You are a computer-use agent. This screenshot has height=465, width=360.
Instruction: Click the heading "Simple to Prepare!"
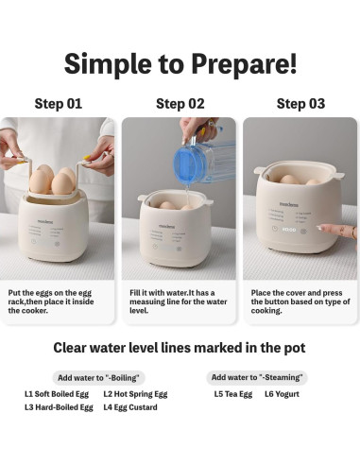click(x=180, y=64)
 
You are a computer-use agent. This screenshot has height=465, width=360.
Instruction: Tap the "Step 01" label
click(x=59, y=104)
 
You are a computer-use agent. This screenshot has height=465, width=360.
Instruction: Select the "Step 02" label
click(x=180, y=104)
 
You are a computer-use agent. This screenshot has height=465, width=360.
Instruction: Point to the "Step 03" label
click(x=300, y=104)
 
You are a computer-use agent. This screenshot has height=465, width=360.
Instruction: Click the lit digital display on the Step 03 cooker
click(x=289, y=230)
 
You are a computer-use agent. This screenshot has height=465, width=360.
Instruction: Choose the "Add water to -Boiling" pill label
click(x=98, y=377)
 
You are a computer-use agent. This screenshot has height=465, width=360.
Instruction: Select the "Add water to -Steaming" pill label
click(x=257, y=377)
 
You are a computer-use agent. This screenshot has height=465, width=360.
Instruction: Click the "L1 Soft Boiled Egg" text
click(x=57, y=394)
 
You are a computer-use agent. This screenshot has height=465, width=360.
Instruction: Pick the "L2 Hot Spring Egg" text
click(x=135, y=394)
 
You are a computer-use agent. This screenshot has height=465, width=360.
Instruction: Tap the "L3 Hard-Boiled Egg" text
click(x=59, y=407)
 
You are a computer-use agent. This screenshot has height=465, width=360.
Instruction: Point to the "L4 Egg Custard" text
click(x=130, y=407)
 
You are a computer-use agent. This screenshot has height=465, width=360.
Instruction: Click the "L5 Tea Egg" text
click(x=233, y=394)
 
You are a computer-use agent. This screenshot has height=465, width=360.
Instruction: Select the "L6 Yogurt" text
click(x=282, y=394)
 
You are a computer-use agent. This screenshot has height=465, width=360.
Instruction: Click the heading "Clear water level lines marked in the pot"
click(x=180, y=348)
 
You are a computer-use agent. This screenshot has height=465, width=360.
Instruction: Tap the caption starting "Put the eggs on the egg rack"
click(x=51, y=301)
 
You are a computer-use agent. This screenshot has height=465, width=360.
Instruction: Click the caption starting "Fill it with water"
click(x=179, y=301)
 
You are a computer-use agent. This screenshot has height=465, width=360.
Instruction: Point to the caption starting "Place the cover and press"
click(x=300, y=301)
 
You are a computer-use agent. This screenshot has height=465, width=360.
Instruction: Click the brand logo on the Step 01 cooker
click(x=45, y=222)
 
